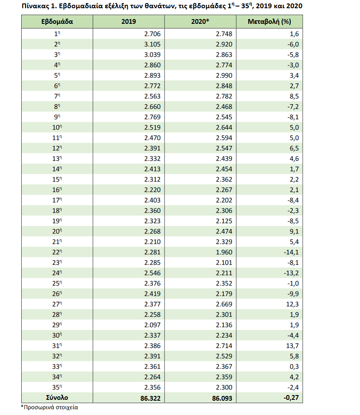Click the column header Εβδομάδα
(x=57, y=22)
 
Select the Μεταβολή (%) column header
(x=269, y=22)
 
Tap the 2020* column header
(x=201, y=22)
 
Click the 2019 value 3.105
(x=152, y=44)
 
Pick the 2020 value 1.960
(x=224, y=252)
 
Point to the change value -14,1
(x=291, y=252)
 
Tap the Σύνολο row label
(x=57, y=398)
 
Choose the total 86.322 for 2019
(x=149, y=398)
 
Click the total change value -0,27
(x=290, y=398)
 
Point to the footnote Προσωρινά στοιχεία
(x=52, y=408)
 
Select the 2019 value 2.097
(x=152, y=325)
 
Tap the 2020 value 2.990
(x=224, y=75)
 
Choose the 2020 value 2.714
(x=224, y=346)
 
